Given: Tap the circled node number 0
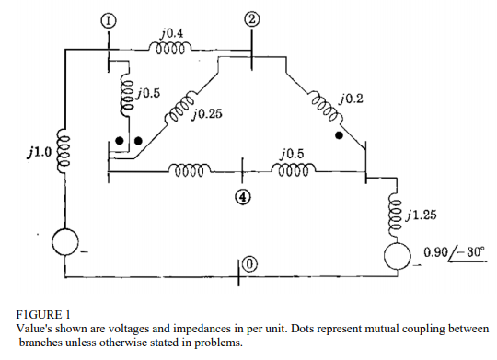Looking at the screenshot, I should click(x=248, y=267).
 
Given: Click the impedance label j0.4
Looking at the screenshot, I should click(x=171, y=34).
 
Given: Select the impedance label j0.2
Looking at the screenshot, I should click(x=351, y=99).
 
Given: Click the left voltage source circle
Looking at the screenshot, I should click(x=66, y=242).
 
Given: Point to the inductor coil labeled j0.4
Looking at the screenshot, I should click(x=171, y=48).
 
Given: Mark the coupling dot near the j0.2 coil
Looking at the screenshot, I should click(x=340, y=134).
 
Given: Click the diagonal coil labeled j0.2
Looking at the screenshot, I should click(x=323, y=106).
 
